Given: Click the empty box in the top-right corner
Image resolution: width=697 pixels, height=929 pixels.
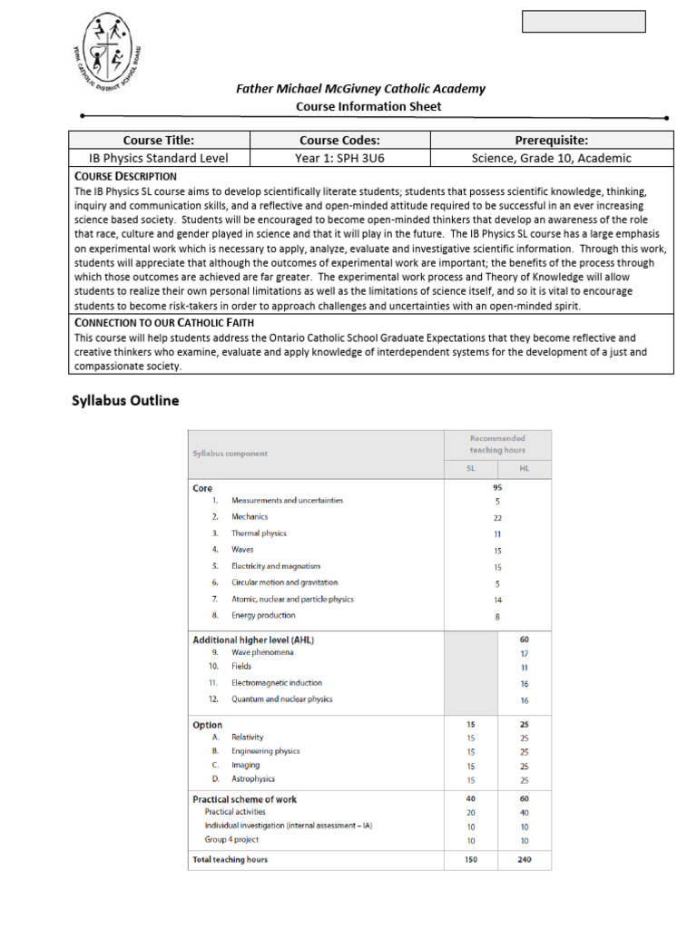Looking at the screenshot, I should (584, 22).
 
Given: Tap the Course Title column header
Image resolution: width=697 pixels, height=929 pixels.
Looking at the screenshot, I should (159, 140).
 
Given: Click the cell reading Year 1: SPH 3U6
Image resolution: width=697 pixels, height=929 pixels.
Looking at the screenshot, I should (339, 158).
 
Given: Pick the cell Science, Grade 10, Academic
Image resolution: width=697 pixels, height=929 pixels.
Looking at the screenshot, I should (551, 158).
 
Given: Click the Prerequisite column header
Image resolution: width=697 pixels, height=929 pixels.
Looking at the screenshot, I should (551, 140).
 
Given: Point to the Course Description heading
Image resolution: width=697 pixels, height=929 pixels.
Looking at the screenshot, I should (125, 176).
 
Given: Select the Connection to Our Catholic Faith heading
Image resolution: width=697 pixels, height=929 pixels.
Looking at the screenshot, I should (163, 322).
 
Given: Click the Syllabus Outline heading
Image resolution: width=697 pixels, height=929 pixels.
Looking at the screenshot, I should (125, 400).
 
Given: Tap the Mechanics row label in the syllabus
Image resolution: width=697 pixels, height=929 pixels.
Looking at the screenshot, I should (250, 516).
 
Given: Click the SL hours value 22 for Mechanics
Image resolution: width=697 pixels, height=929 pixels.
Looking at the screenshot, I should (497, 517).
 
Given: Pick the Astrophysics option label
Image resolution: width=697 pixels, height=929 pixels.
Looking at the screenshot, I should (253, 778).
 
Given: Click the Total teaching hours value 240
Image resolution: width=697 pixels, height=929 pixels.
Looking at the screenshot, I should (525, 859).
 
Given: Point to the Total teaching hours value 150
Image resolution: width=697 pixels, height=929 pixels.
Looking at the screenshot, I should (470, 859).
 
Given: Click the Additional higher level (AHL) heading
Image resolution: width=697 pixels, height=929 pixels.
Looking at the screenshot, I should (253, 640).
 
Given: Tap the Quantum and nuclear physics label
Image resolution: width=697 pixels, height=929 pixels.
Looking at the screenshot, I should (281, 699).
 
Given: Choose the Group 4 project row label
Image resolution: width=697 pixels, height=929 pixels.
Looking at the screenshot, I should (231, 839).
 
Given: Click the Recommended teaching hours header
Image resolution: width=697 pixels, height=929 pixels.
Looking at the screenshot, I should (496, 444).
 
